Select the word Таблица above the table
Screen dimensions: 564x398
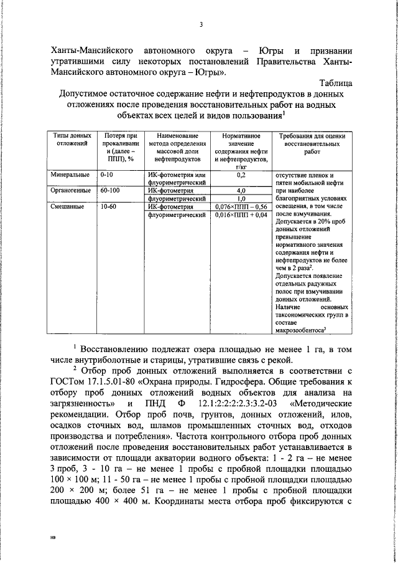(x=336, y=82)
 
